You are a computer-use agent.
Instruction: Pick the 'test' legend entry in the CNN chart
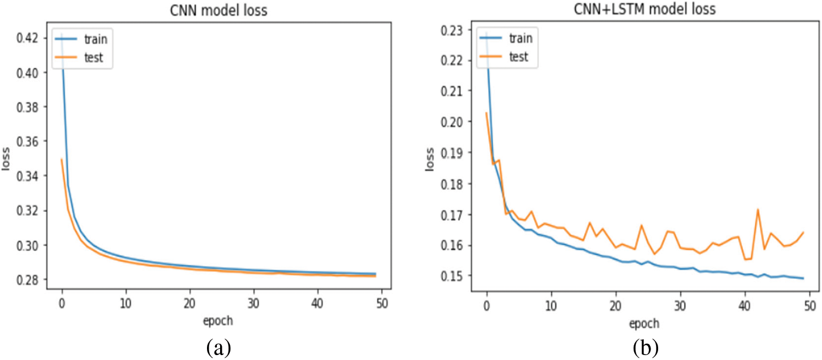coord(95,57)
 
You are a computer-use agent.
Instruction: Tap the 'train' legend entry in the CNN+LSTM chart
coord(520,38)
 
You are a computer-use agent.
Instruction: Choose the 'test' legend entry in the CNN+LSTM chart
coord(518,57)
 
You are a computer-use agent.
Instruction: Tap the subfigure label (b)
coord(646,346)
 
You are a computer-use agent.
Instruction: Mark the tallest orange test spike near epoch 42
coord(758,209)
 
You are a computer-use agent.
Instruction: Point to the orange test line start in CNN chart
coord(62,160)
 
